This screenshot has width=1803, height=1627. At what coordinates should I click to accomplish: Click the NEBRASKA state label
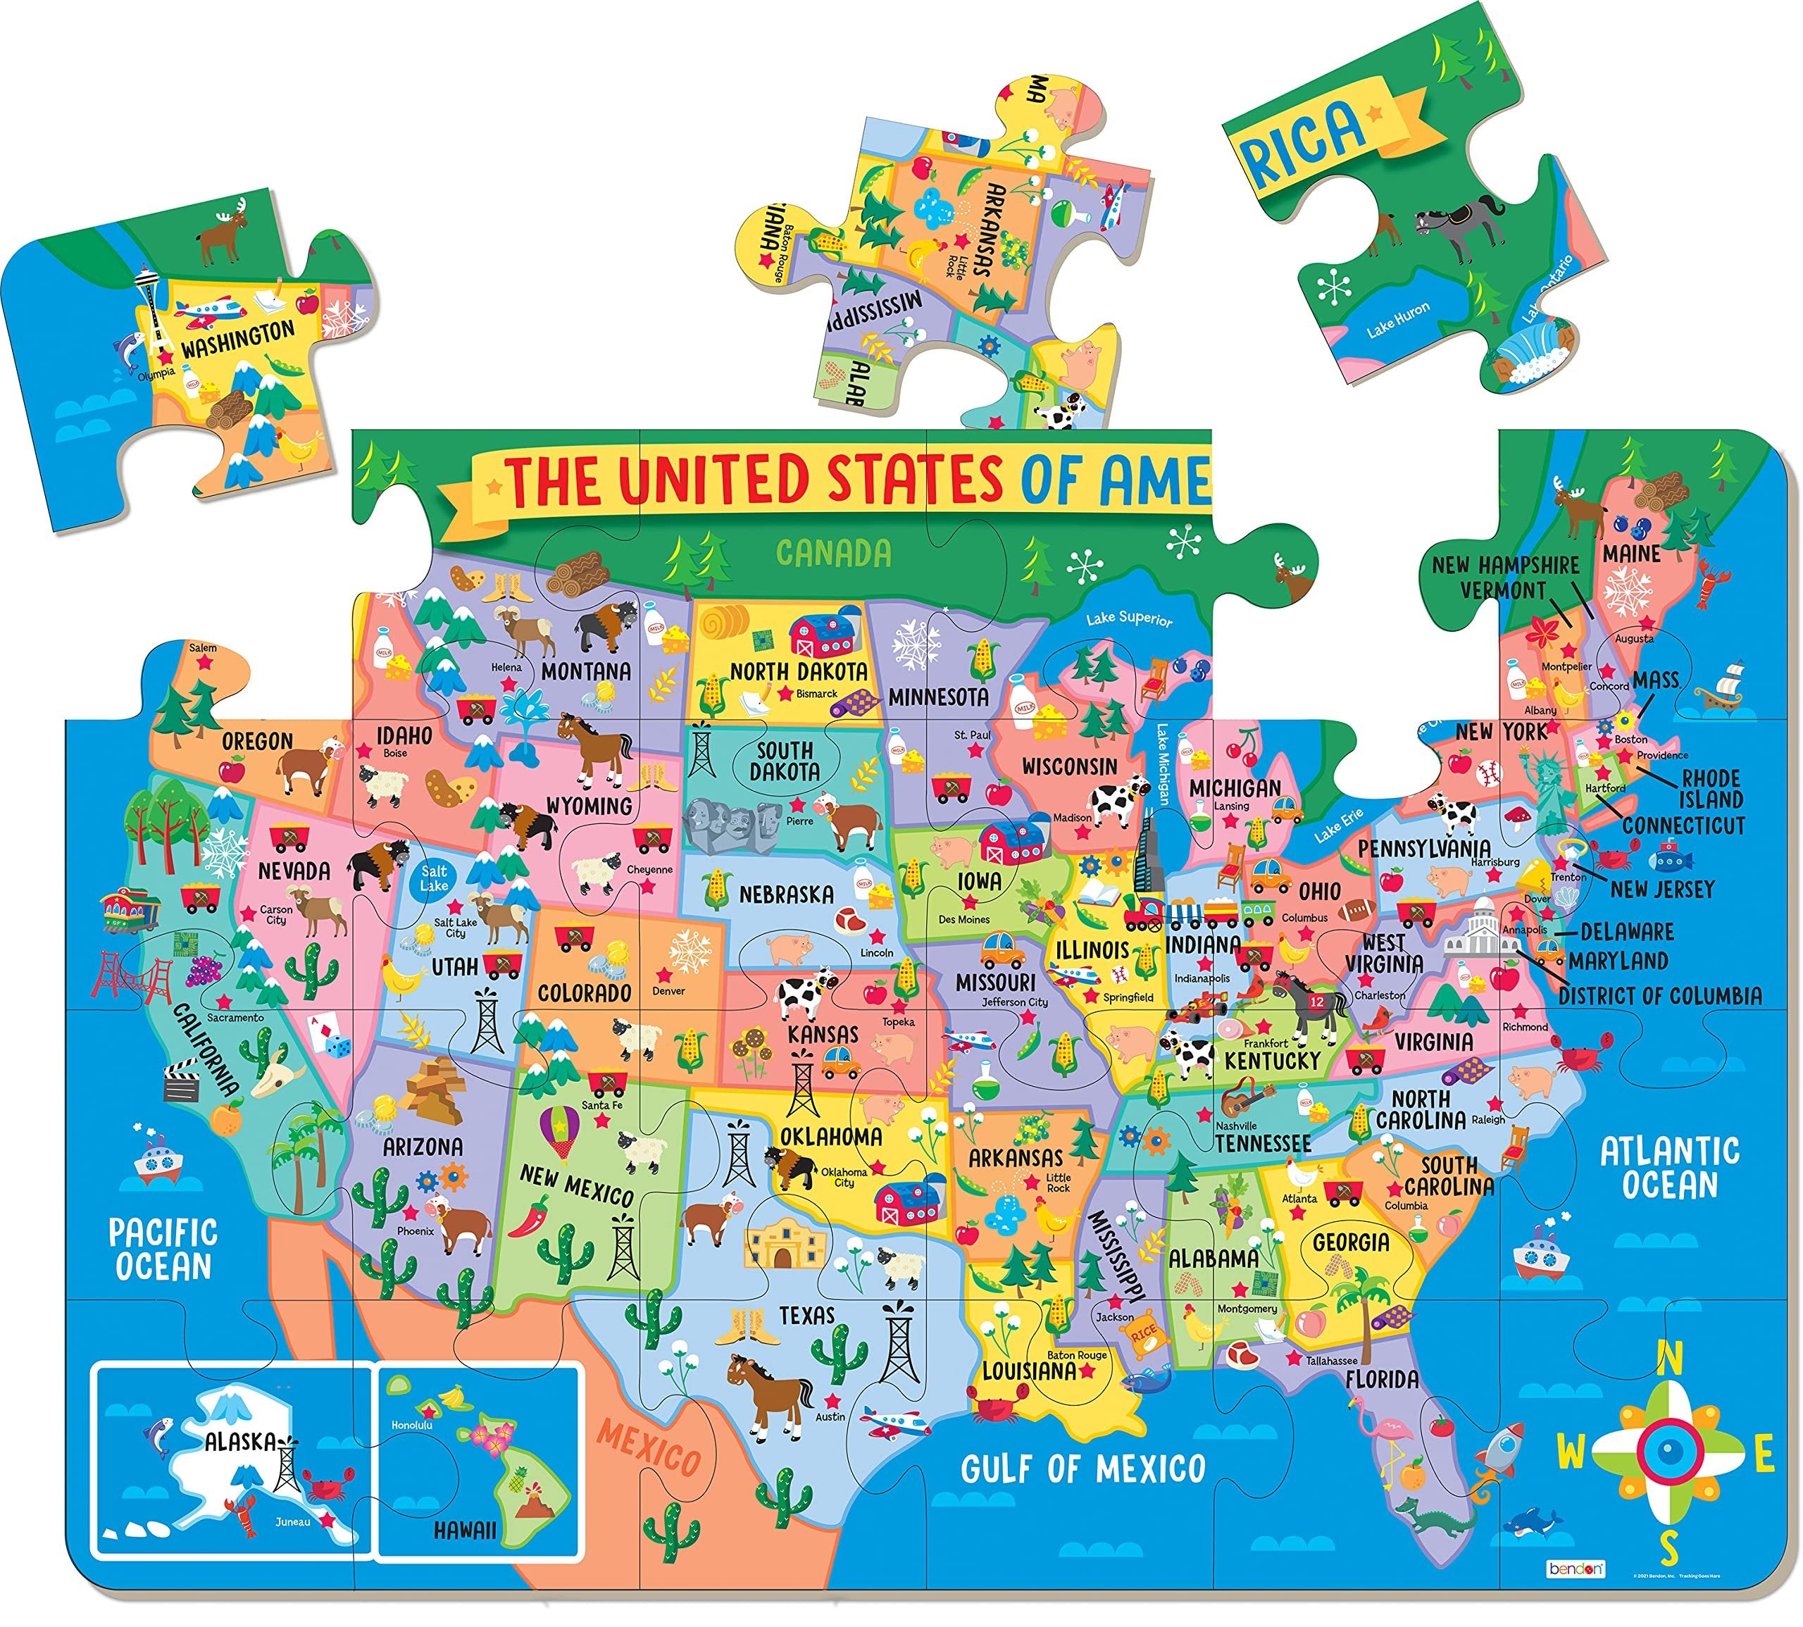coord(786,894)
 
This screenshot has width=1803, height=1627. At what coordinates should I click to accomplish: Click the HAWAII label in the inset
coord(465,1530)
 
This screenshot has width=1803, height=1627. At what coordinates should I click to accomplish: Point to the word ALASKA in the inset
coord(239,1441)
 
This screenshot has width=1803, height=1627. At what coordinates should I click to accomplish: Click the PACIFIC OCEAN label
coord(163,1249)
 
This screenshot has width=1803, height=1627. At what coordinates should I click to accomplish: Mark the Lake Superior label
coord(1128,618)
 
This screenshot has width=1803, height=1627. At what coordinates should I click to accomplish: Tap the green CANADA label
coord(833,554)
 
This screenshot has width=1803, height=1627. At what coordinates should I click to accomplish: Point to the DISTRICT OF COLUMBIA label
coord(1660,995)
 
